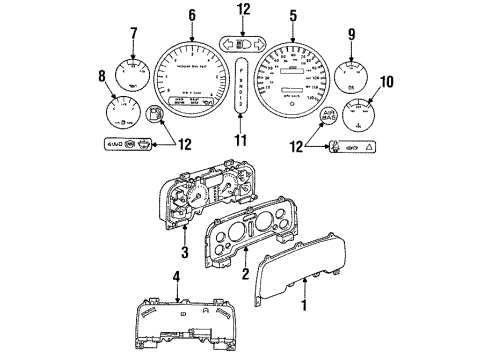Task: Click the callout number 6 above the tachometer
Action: [x=192, y=16]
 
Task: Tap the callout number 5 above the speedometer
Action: [x=292, y=16]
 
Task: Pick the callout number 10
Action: [x=387, y=81]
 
